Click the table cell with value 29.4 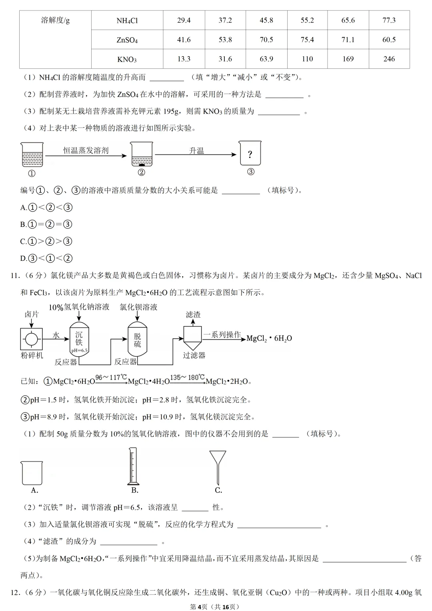tap(184, 20)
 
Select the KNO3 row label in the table tap(127, 59)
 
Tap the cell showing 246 tap(389, 59)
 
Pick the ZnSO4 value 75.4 tap(307, 40)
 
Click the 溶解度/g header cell tap(55, 20)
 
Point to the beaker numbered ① tap(32, 154)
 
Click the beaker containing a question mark tap(250, 153)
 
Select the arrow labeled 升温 tap(196, 154)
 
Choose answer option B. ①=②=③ tap(46, 224)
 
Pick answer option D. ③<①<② tap(46, 258)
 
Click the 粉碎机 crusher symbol tap(31, 339)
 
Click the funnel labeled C tap(218, 466)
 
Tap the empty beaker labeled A tap(32, 473)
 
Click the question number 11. tap(15, 276)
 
